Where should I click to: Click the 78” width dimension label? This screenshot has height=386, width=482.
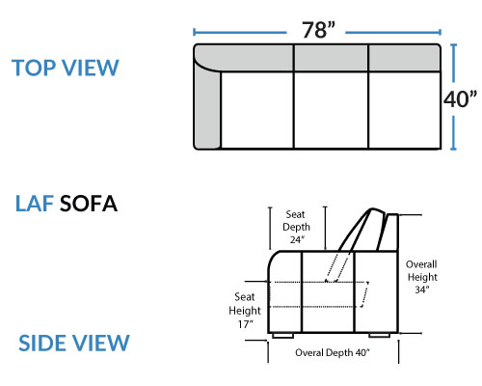pos(318,30)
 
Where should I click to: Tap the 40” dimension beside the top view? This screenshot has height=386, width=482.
pos(460,98)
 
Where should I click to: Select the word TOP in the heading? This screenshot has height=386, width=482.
pos(34,68)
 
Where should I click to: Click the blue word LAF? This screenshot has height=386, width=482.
pos(35,204)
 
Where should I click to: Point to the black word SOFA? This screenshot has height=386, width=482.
pos(89,204)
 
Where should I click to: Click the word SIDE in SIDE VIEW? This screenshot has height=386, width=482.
pos(44,343)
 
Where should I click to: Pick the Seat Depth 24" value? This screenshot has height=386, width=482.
pos(297,239)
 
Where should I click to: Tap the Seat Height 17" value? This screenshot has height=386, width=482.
pos(245,324)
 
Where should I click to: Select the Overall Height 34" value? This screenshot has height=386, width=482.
pos(422,289)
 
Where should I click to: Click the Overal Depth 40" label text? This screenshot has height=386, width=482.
pos(333,352)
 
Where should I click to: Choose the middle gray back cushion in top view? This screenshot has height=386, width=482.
pos(331,58)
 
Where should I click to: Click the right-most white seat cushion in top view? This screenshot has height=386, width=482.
pos(405,110)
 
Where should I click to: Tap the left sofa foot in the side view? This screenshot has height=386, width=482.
pos(282,336)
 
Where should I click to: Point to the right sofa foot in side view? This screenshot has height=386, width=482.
pos(380,336)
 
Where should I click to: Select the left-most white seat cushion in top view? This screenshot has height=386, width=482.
pos(257,110)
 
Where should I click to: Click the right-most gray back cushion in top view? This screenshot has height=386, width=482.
pos(405,58)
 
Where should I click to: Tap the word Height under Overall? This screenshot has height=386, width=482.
pos(422,277)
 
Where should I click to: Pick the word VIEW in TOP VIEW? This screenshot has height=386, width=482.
pos(91,68)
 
